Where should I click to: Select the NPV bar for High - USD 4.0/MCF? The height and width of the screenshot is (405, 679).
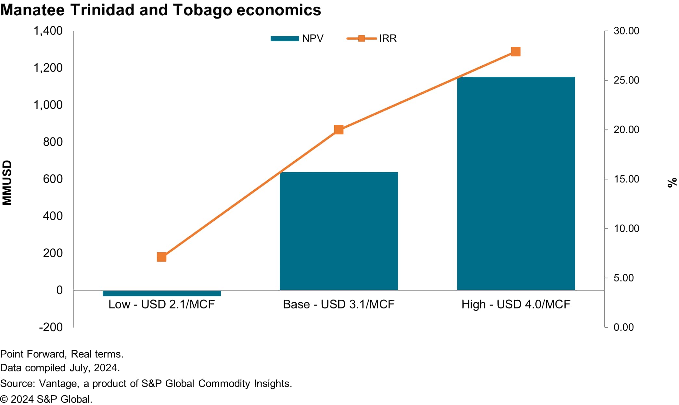pyautogui.click(x=516, y=183)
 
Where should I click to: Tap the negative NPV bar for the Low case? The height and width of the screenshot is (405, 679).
pyautogui.click(x=161, y=293)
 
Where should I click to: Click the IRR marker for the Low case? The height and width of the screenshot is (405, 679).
pyautogui.click(x=161, y=257)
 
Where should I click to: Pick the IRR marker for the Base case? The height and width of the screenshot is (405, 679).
pyautogui.click(x=339, y=130)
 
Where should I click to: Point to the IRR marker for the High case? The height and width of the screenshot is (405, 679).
pyautogui.click(x=516, y=52)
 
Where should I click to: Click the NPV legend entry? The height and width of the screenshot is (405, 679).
pyautogui.click(x=297, y=38)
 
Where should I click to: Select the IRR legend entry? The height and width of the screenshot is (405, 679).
pyautogui.click(x=372, y=38)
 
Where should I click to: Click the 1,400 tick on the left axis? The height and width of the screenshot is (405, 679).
pyautogui.click(x=48, y=31)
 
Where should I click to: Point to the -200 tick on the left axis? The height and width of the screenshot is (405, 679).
pyautogui.click(x=51, y=327)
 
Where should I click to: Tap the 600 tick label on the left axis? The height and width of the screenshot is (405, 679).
pyautogui.click(x=53, y=179)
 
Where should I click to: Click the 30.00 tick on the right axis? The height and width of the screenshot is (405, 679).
pyautogui.click(x=626, y=31)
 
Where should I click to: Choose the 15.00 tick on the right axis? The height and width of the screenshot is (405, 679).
pyautogui.click(x=626, y=179)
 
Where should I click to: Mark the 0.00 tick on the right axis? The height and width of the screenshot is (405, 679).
pyautogui.click(x=623, y=327)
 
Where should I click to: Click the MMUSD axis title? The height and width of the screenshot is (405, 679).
pyautogui.click(x=7, y=182)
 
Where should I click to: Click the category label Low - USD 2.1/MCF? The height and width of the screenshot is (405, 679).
pyautogui.click(x=161, y=304)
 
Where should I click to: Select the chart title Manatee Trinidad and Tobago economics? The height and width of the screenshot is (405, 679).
pyautogui.click(x=160, y=10)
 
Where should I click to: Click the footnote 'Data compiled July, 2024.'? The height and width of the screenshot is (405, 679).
pyautogui.click(x=60, y=368)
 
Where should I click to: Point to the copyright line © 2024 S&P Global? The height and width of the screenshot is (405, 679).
pyautogui.click(x=46, y=399)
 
